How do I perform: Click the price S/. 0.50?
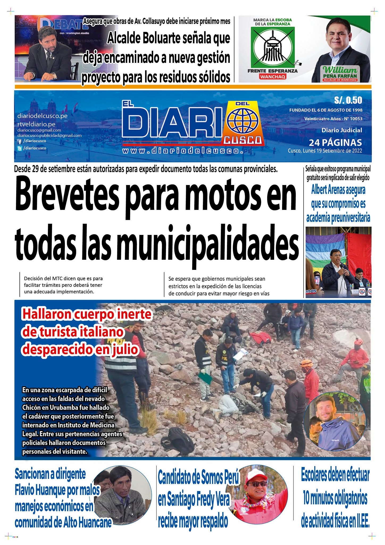[x=348, y=100]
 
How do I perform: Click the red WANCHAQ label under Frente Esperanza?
[x=273, y=77]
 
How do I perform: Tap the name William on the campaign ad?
[x=340, y=70]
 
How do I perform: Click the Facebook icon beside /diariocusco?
[x=19, y=142]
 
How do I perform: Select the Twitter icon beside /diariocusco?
[x=19, y=148]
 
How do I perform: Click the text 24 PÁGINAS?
[x=335, y=143]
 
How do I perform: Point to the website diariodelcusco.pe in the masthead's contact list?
[x=42, y=116]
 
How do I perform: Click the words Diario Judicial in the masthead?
[x=342, y=130]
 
